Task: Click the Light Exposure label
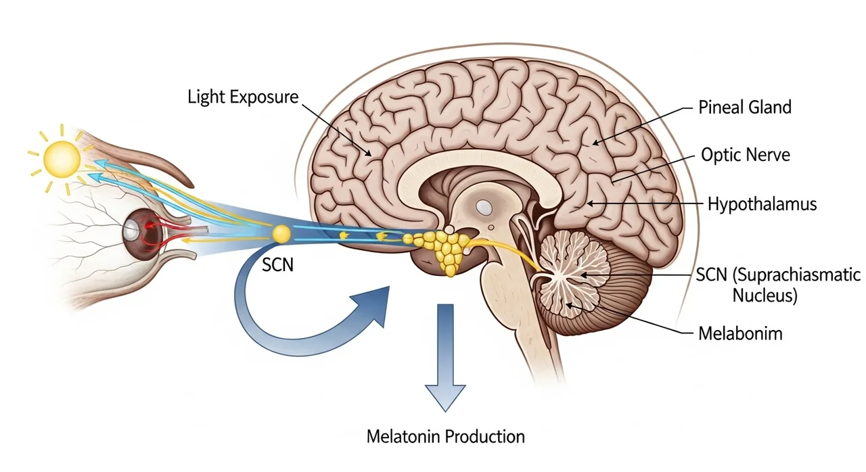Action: (242, 97)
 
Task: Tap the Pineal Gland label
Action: (744, 107)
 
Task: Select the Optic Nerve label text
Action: (745, 155)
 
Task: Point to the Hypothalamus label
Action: (762, 203)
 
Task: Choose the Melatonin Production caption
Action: (445, 436)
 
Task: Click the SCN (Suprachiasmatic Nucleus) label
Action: (778, 285)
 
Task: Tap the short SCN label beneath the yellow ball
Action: (277, 264)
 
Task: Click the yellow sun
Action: (62, 158)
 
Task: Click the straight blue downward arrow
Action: (445, 358)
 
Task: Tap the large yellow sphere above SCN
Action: (281, 234)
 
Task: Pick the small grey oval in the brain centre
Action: (484, 205)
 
